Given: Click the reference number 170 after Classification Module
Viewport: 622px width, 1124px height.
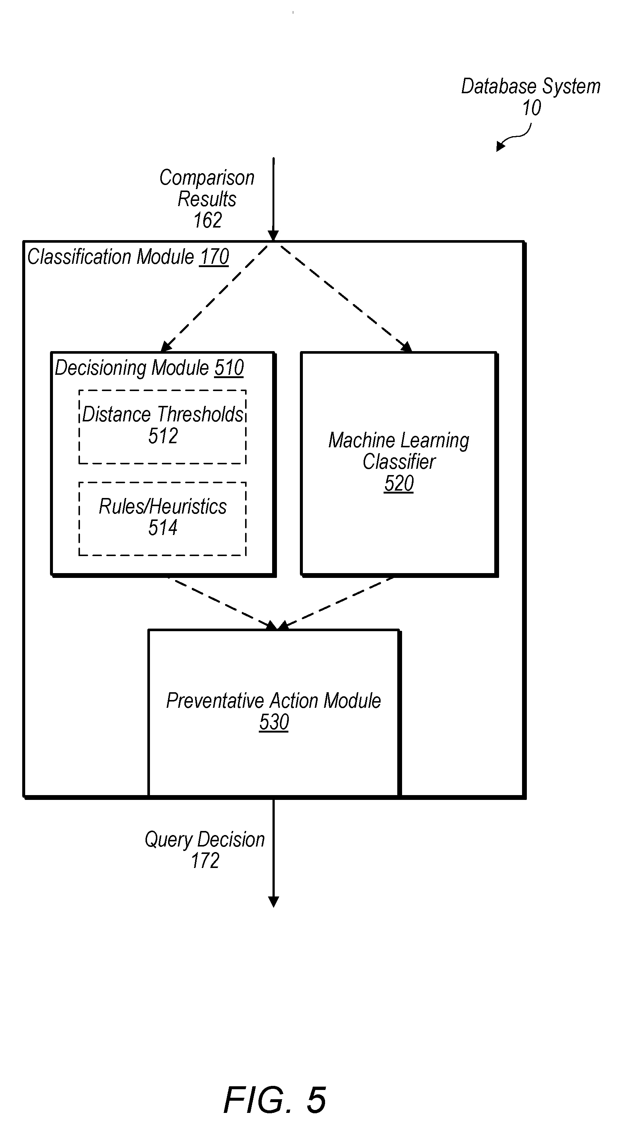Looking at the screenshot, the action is tap(214, 256).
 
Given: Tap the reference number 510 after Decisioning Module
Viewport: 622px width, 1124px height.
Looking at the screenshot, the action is tap(229, 367).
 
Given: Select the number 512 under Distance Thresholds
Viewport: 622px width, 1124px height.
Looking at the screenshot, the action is tap(163, 436).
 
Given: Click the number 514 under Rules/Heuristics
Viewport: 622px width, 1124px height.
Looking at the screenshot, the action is tap(163, 528).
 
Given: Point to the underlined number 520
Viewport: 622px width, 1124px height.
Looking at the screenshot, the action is tap(399, 483).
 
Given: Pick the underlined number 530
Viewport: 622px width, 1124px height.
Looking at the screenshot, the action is tap(274, 722).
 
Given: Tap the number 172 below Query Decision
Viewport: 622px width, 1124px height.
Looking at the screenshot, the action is tap(205, 861).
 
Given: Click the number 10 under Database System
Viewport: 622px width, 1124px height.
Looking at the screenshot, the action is tap(532, 108).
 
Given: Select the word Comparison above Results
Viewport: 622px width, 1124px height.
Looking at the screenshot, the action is tap(207, 178).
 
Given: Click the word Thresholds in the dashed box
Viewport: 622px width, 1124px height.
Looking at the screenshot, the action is tap(200, 414).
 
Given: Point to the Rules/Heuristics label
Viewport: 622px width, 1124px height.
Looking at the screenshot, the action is tap(163, 507).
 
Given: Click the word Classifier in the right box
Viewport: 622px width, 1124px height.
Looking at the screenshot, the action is tap(399, 462).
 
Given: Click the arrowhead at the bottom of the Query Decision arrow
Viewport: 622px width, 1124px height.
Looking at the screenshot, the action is tap(274, 902).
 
